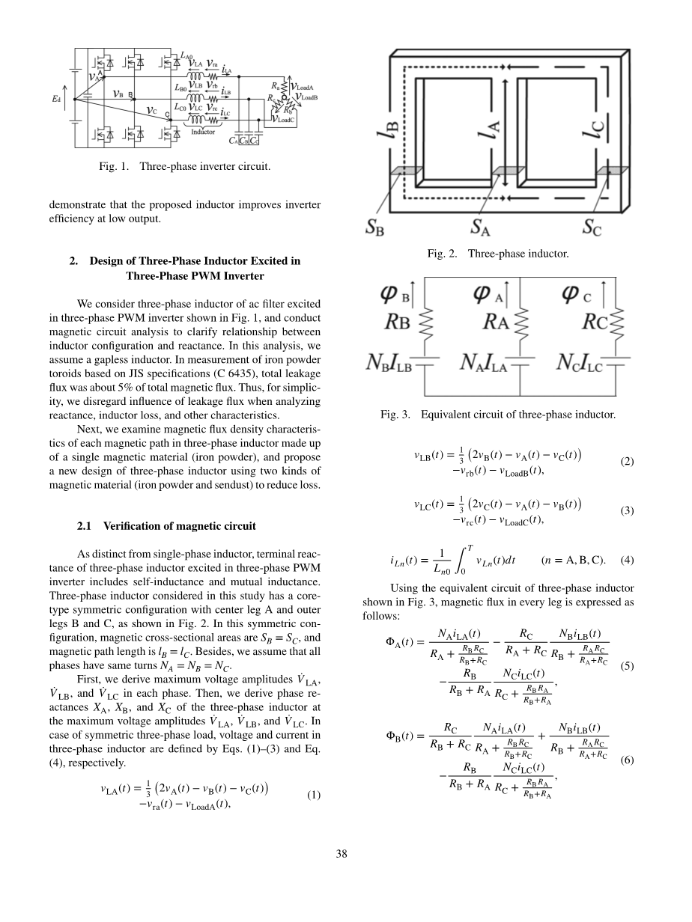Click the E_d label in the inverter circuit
[56, 97]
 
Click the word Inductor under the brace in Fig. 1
[203, 132]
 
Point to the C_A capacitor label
[233, 140]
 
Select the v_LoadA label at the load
[303, 87]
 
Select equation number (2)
[627, 462]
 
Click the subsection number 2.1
[88, 526]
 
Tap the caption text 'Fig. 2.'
[442, 254]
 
